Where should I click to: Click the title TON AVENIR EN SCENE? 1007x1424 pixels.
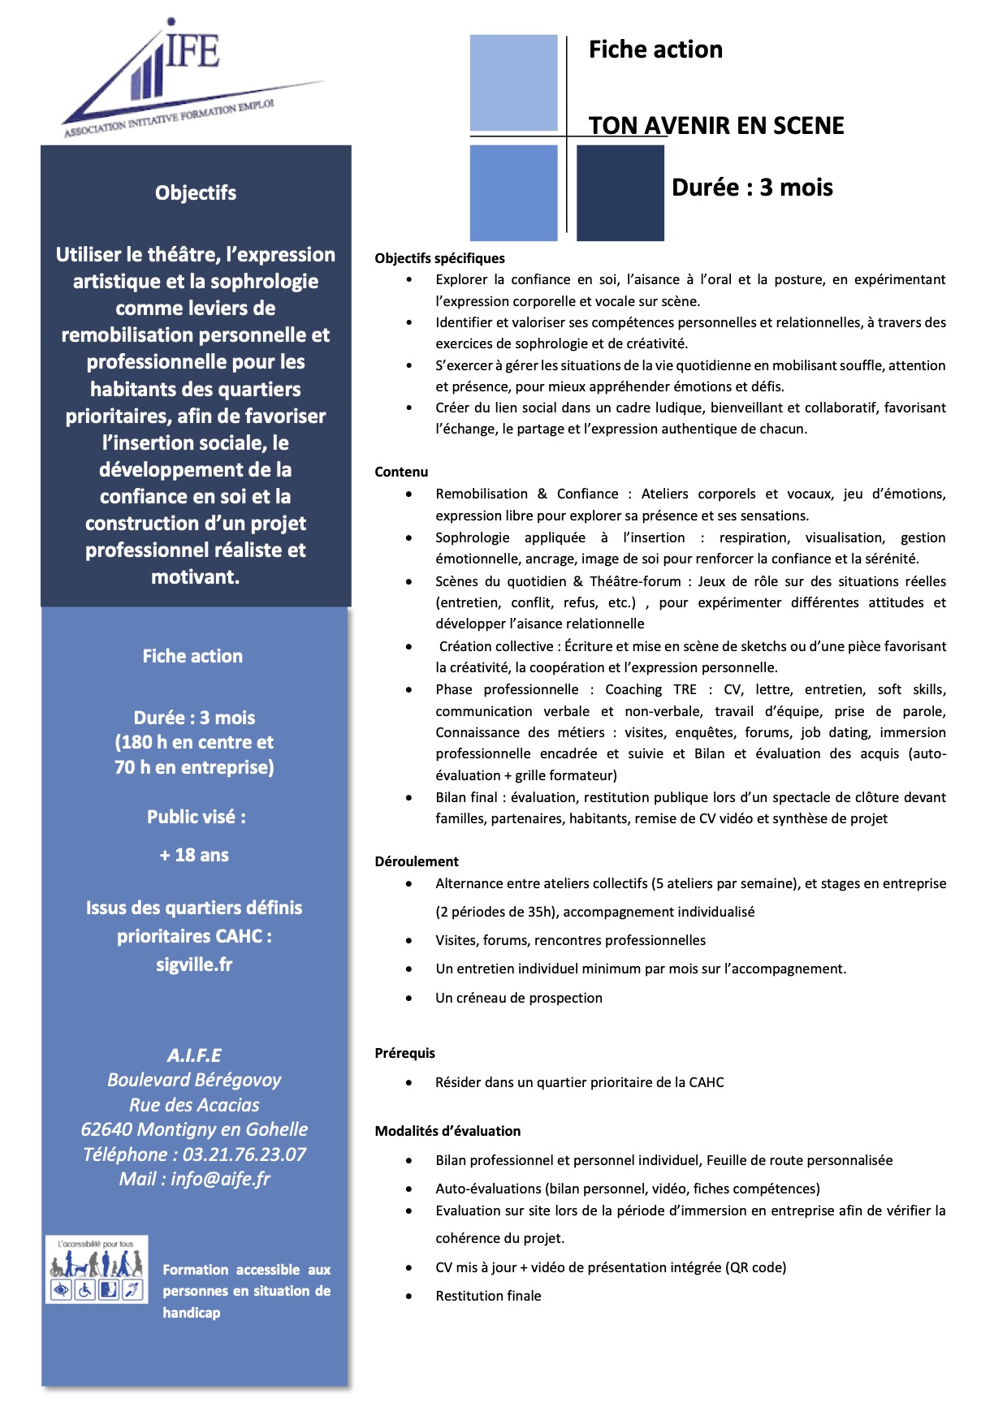point(716,126)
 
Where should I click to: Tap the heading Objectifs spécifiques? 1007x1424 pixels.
point(439,258)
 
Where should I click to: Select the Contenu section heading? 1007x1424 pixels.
point(401,472)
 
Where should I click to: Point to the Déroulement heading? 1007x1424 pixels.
point(417,861)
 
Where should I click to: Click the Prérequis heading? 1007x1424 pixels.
point(404,1053)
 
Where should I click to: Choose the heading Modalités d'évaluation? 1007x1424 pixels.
point(447,1131)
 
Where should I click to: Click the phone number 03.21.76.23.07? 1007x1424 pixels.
point(244,1154)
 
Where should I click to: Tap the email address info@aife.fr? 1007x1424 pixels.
point(220,1179)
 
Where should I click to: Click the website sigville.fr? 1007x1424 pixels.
point(194,964)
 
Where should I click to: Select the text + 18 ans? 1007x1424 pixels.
point(194,855)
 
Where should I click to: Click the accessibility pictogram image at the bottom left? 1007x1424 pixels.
point(97,1270)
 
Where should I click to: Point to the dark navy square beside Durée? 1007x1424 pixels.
point(620,193)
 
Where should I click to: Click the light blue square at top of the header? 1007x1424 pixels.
point(513,82)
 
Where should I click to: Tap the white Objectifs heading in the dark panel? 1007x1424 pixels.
point(196,193)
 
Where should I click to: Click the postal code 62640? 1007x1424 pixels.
point(106,1129)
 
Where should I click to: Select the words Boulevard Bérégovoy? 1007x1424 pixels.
point(194,1080)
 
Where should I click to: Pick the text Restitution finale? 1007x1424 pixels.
point(488,1296)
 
